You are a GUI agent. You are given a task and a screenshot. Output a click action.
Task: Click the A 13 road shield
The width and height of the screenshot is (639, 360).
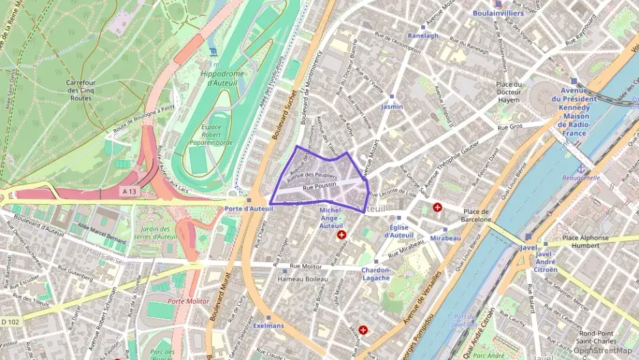pyautogui.click(x=129, y=193)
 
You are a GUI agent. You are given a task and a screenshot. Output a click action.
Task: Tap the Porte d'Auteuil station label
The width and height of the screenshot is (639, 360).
pyautogui.click(x=248, y=208)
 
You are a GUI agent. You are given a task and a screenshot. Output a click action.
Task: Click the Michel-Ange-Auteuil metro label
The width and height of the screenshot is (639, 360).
pyautogui.click(x=331, y=218)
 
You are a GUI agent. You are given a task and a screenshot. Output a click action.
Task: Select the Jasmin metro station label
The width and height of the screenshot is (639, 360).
pyautogui.click(x=392, y=107)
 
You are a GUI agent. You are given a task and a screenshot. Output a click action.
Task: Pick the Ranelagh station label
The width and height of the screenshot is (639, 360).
pyautogui.click(x=423, y=36)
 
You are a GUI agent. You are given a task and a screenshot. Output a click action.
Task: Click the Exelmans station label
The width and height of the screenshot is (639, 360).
pyautogui.click(x=268, y=326)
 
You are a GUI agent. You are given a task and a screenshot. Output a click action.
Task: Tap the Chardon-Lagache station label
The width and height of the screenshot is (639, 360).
pyautogui.click(x=375, y=274)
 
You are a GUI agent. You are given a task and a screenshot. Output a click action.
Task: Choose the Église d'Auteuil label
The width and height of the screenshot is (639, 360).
pyautogui.click(x=398, y=231)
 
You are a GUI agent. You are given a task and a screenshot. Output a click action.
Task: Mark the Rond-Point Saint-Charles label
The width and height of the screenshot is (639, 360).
pyautogui.click(x=597, y=337)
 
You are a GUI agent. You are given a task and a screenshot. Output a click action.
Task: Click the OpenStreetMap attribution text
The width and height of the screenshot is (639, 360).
pyautogui.click(x=603, y=350)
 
